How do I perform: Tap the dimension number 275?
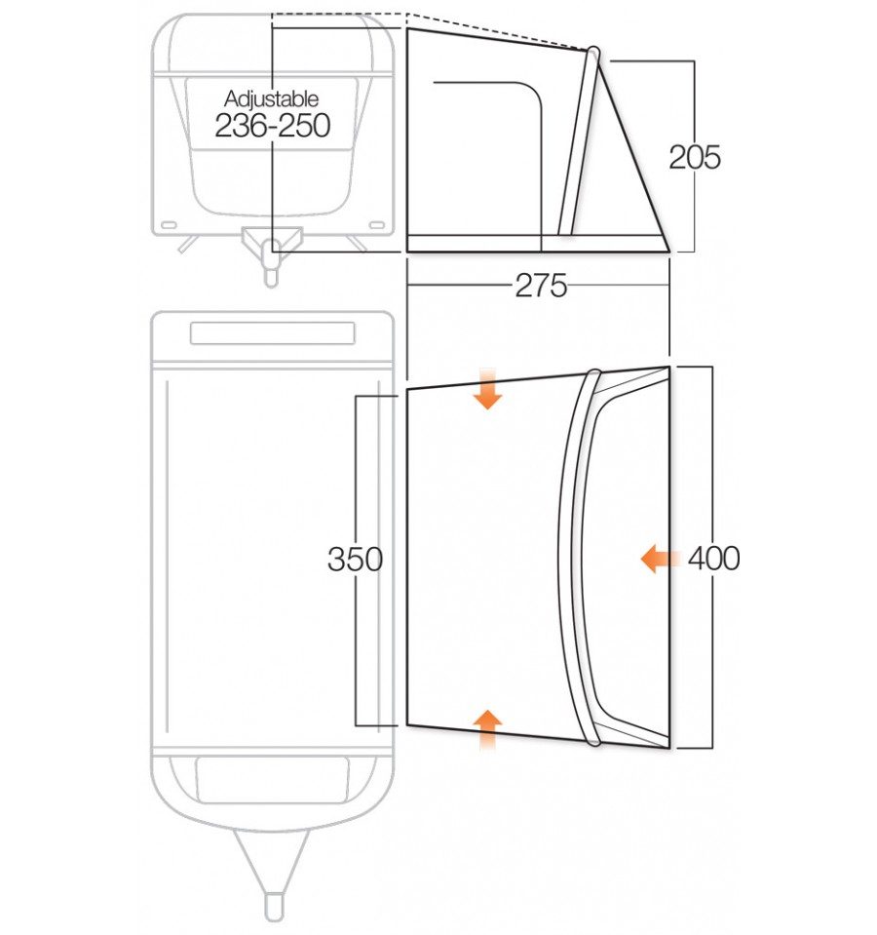point(541,286)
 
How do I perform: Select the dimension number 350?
point(356,561)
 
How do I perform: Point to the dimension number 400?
point(714,559)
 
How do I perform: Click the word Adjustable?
point(272,98)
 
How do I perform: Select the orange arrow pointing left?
point(660,559)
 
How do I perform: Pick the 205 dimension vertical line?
point(693,107)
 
